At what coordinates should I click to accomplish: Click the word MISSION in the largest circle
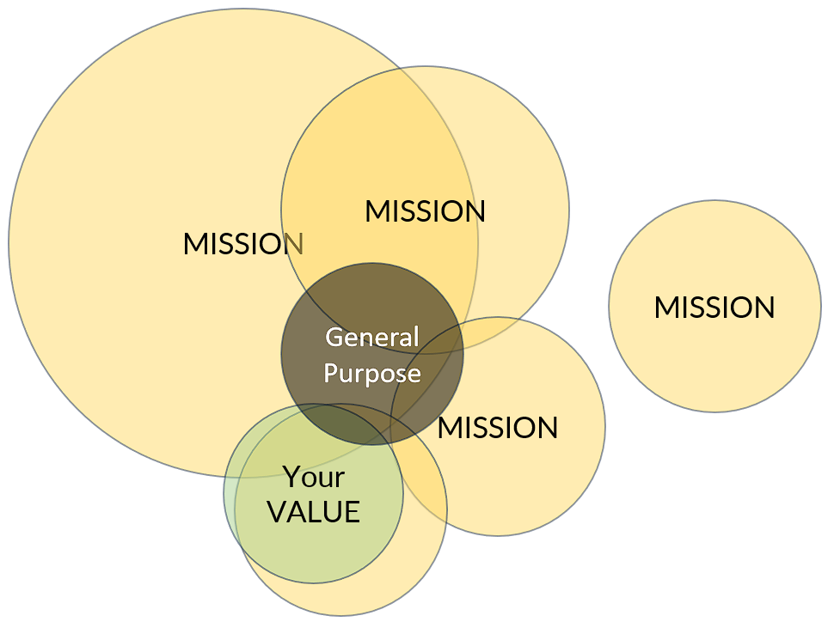coord(242,244)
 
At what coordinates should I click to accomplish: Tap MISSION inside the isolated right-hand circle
coord(714,308)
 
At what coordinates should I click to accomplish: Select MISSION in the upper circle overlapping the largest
coord(425,211)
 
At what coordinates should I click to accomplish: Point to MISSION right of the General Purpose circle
coord(498,427)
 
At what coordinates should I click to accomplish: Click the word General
coord(371,337)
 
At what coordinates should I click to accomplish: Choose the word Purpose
coord(371,375)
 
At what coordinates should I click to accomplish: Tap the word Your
coord(314,477)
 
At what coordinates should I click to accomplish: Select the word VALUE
coord(313,513)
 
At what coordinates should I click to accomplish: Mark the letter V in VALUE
coord(276,513)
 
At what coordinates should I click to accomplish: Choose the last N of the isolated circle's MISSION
coord(763,308)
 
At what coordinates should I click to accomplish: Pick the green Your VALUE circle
coord(284,550)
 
